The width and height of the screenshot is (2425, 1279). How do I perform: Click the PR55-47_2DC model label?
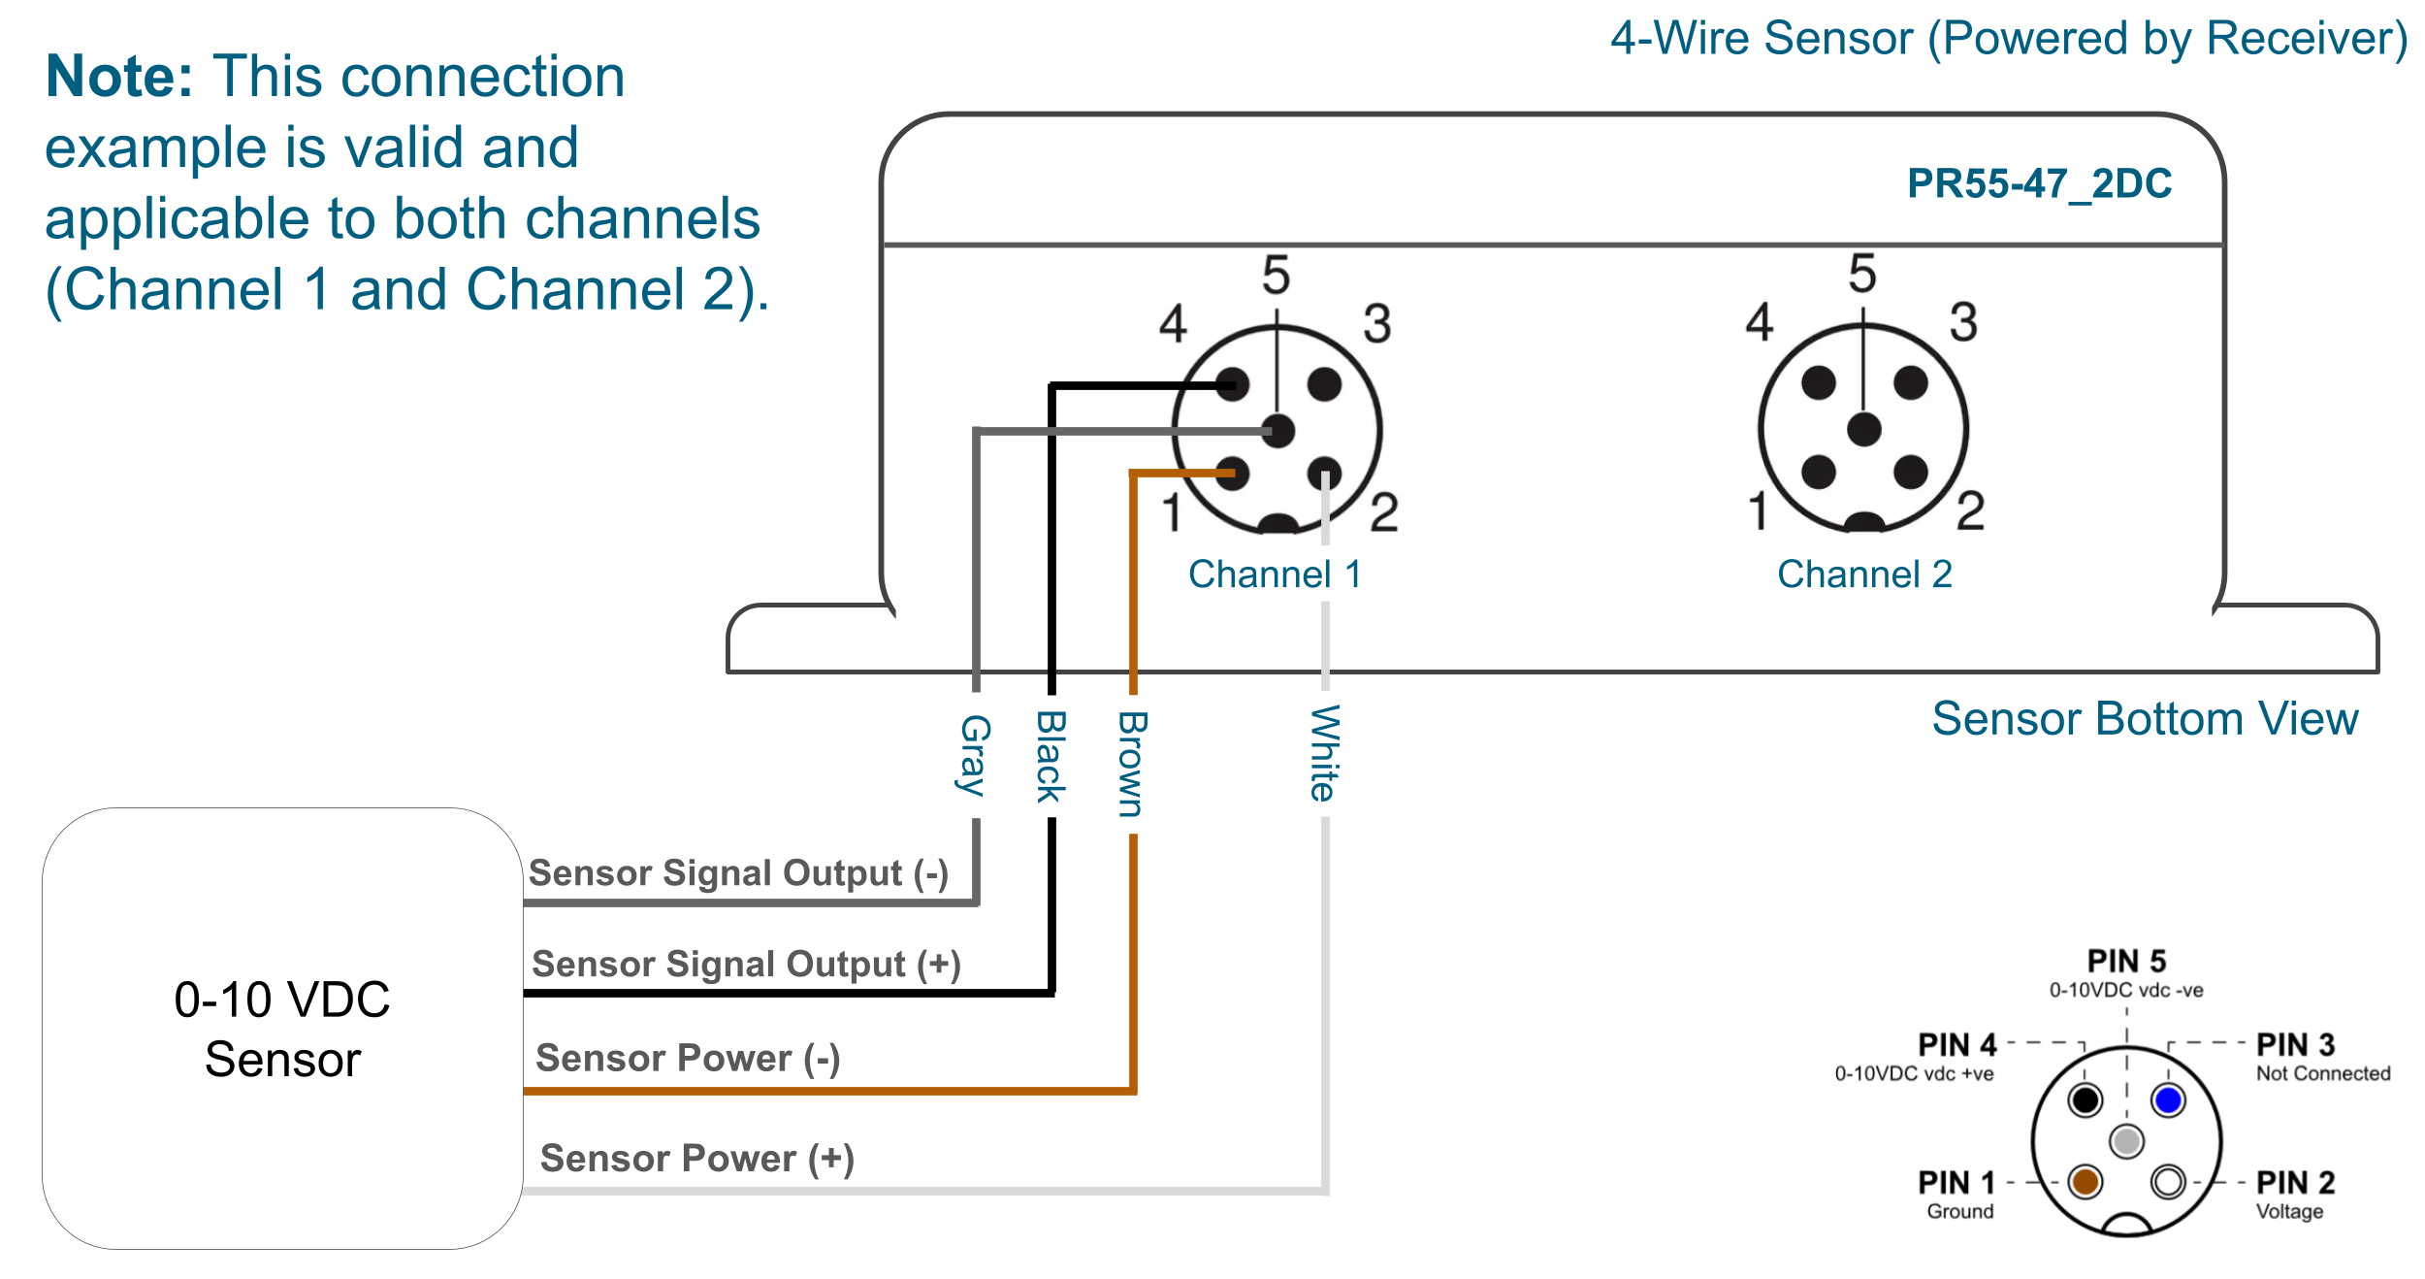(x=2038, y=183)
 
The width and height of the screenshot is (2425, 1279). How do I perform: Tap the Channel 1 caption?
(x=1275, y=574)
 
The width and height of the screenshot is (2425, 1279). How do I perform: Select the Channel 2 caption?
(x=1863, y=574)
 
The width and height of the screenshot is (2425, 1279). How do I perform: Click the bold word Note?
(x=119, y=77)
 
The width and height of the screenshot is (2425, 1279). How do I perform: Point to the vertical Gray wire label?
(x=974, y=755)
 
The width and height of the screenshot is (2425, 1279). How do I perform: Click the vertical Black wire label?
(x=1051, y=757)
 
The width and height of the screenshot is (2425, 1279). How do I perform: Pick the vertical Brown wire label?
(x=1132, y=765)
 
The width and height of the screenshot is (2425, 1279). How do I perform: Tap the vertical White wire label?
(x=1324, y=753)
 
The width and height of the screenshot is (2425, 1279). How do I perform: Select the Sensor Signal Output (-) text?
(x=738, y=873)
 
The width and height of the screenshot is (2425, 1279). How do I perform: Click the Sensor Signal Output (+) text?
(x=746, y=965)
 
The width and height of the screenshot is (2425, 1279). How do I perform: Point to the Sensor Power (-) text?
(x=688, y=1058)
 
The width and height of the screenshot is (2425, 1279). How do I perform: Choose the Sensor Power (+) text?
(x=696, y=1159)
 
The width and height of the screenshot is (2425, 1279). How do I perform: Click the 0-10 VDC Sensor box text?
(x=282, y=1029)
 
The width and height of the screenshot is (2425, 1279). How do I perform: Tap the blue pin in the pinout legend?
(x=2168, y=1100)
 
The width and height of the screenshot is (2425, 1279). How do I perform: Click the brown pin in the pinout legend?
(x=2085, y=1182)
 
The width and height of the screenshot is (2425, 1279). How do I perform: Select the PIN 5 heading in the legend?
(x=2126, y=962)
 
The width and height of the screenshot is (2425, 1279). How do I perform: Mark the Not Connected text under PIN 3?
(x=2322, y=1073)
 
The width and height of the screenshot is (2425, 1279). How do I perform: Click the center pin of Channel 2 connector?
(x=1863, y=429)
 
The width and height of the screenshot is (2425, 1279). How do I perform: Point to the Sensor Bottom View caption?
(x=2145, y=719)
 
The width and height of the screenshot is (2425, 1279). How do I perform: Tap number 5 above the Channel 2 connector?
(x=1862, y=274)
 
